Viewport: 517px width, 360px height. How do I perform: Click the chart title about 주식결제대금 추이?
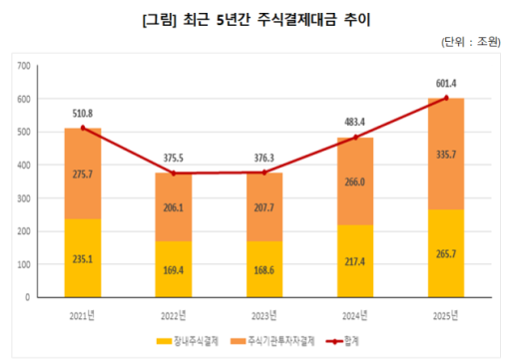[258, 17]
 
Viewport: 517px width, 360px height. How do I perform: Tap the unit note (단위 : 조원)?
[474, 43]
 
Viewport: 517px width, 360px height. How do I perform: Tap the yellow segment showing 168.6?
[263, 269]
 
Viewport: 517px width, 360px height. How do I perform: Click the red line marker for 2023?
[263, 173]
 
